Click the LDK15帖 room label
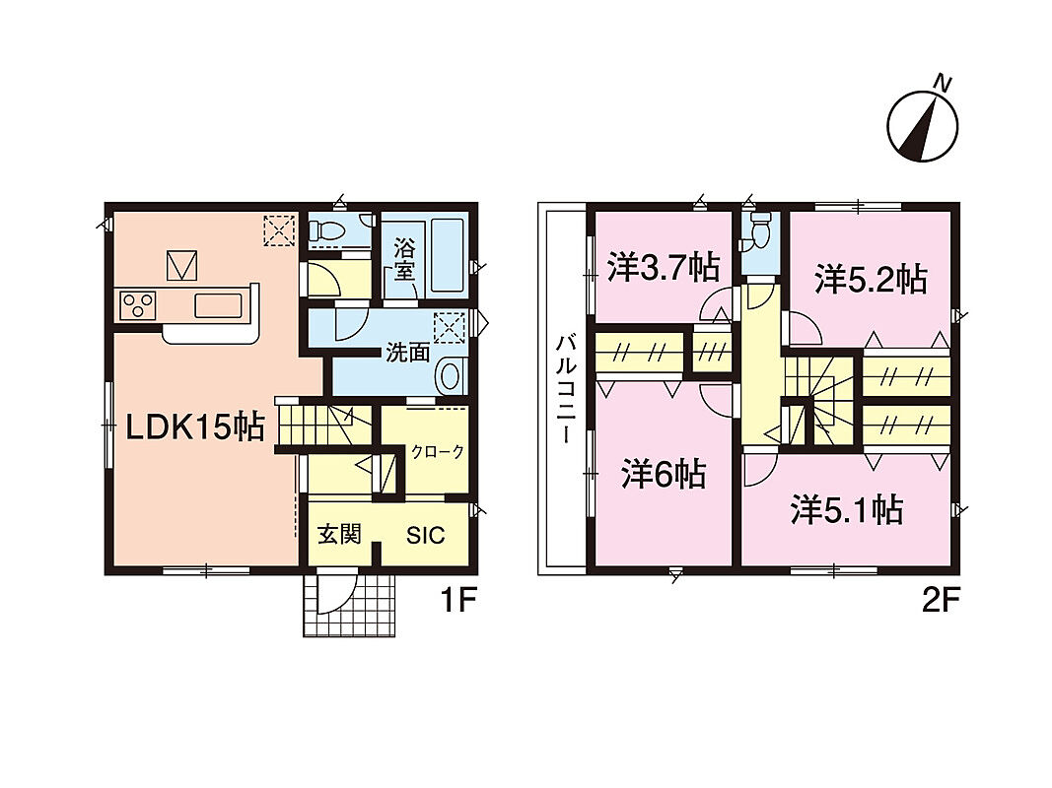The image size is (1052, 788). coord(196,427)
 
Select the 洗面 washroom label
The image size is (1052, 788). coord(408,353)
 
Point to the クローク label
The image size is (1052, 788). coord(438,452)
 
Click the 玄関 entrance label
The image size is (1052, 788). coord(339,534)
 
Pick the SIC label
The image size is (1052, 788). coord(425,535)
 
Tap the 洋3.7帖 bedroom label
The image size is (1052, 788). coord(664,267)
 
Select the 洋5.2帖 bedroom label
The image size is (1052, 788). coord(872,279)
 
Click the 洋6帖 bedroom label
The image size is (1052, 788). coord(663,474)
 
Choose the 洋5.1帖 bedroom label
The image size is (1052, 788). coord(847,510)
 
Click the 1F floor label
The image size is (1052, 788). coord(458,601)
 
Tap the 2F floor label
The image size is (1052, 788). coord(938,601)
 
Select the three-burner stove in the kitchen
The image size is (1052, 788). coord(137,306)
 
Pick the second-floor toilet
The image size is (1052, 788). coord(760,231)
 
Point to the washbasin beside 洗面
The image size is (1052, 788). coord(450,376)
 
